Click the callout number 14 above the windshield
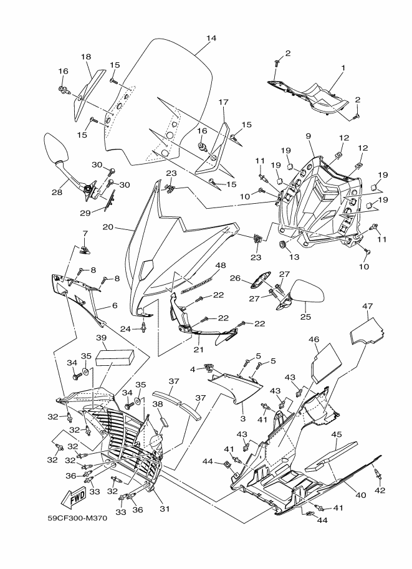point(211,39)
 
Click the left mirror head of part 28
point(52,148)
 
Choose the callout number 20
point(108,227)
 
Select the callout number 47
point(368,306)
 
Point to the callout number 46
point(314,340)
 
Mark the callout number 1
point(343,67)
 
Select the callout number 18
point(86,57)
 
